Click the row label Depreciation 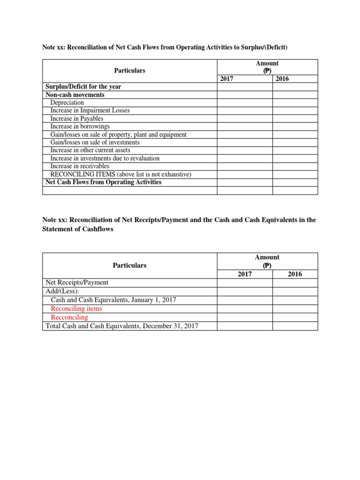click(67, 103)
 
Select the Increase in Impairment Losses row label click(90, 111)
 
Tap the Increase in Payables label click(76, 119)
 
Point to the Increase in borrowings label click(80, 127)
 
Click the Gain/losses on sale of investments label click(95, 142)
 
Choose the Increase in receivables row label click(80, 166)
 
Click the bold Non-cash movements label click(75, 95)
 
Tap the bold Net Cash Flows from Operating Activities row click(103, 182)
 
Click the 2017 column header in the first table click(227, 79)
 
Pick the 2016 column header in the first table click(282, 79)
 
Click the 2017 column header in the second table click(245, 274)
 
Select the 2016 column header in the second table click(295, 274)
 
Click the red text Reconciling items click(76, 309)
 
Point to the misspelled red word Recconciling click(69, 317)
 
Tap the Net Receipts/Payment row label click(76, 283)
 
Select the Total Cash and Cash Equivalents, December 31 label click(121, 326)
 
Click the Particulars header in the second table click(129, 265)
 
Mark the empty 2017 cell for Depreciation click(245, 103)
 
